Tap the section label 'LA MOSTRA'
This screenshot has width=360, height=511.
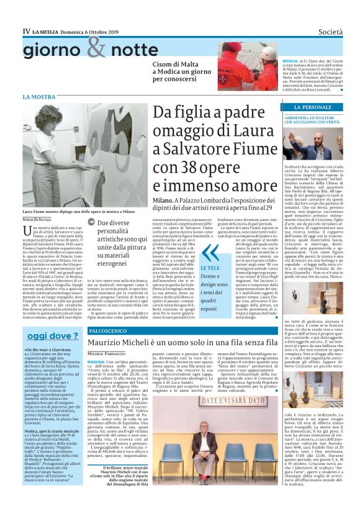[x=39, y=97]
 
